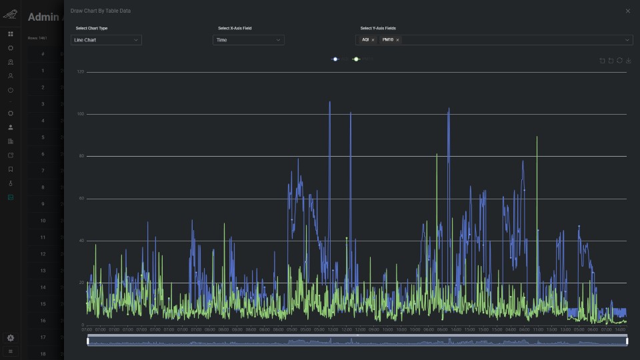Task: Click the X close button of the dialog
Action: point(627,11)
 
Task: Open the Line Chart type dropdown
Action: point(106,40)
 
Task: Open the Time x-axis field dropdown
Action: point(248,40)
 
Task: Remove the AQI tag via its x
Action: point(373,40)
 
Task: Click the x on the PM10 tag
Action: point(398,40)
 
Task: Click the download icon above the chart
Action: point(629,61)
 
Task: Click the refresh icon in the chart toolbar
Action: point(620,61)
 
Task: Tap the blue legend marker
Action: point(335,59)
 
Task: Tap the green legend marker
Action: point(356,59)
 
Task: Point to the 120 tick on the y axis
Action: point(81,72)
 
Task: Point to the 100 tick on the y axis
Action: point(81,114)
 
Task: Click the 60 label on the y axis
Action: point(81,199)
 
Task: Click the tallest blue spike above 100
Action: point(329,103)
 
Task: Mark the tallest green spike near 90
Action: point(537,137)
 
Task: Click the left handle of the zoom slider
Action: point(87,341)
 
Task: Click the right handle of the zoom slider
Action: point(627,341)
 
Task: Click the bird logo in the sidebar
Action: point(10,13)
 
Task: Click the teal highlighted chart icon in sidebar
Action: point(10,197)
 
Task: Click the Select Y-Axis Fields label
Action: point(378,28)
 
